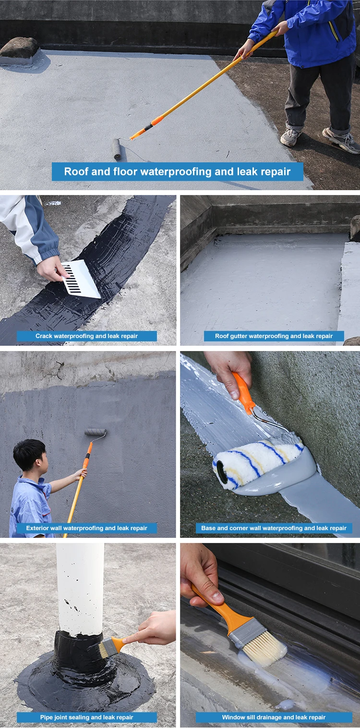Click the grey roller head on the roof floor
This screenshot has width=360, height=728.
(117, 148)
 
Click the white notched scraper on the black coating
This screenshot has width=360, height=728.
(81, 279)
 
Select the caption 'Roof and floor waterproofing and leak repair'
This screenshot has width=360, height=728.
(178, 171)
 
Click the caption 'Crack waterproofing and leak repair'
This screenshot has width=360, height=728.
(87, 336)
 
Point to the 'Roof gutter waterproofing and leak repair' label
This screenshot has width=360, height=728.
(274, 336)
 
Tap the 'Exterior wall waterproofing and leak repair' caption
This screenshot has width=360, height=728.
(87, 528)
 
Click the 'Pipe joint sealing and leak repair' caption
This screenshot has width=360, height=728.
(87, 717)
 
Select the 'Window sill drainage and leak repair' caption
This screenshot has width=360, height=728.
(274, 717)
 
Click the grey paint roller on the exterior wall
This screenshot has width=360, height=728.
(96, 432)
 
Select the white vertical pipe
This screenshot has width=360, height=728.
(80, 588)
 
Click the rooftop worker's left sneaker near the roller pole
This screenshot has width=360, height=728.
(290, 137)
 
